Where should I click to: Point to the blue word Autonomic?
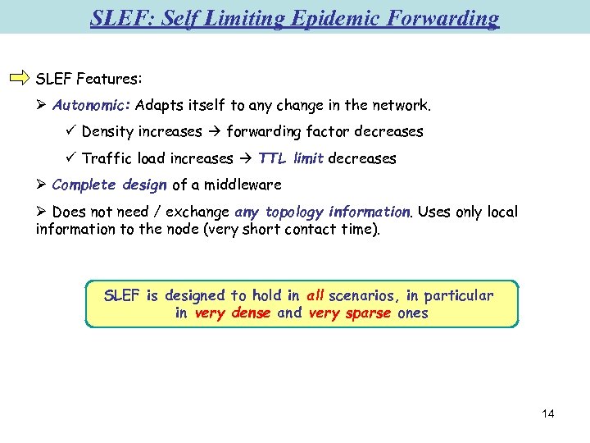(x=92, y=106)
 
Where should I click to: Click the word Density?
(x=108, y=132)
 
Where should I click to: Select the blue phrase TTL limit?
(x=291, y=158)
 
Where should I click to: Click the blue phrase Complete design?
(x=109, y=185)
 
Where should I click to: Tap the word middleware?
(x=243, y=185)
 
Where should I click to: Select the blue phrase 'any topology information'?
(x=323, y=212)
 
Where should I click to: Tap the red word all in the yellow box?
(x=315, y=296)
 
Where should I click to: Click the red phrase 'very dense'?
(x=232, y=313)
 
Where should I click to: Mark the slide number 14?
(x=548, y=413)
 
